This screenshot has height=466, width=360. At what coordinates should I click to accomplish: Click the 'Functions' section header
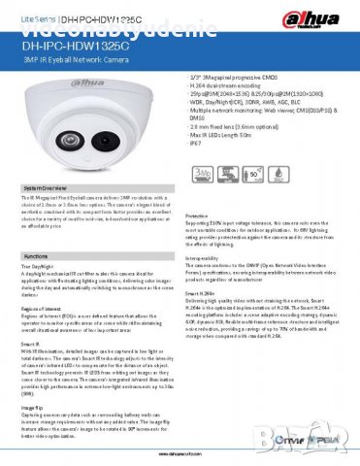pyautogui.click(x=36, y=255)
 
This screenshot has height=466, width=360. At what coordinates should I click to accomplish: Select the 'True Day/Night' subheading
pyautogui.click(x=40, y=265)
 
